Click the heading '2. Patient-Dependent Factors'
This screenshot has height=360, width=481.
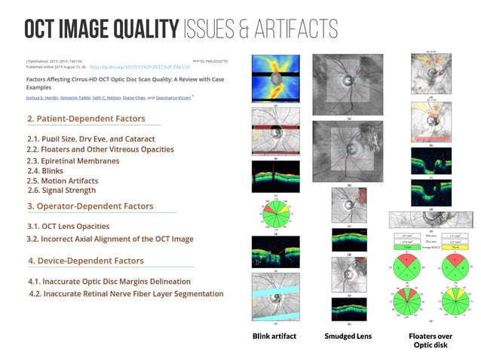[93, 118]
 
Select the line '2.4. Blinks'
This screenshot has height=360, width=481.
[50, 171]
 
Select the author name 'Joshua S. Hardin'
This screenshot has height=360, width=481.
[43, 96]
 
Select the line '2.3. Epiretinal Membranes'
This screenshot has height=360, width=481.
[73, 160]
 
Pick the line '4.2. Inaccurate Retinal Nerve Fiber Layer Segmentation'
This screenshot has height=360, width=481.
[125, 294]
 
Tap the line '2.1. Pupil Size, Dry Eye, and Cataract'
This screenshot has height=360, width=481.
[90, 139]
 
